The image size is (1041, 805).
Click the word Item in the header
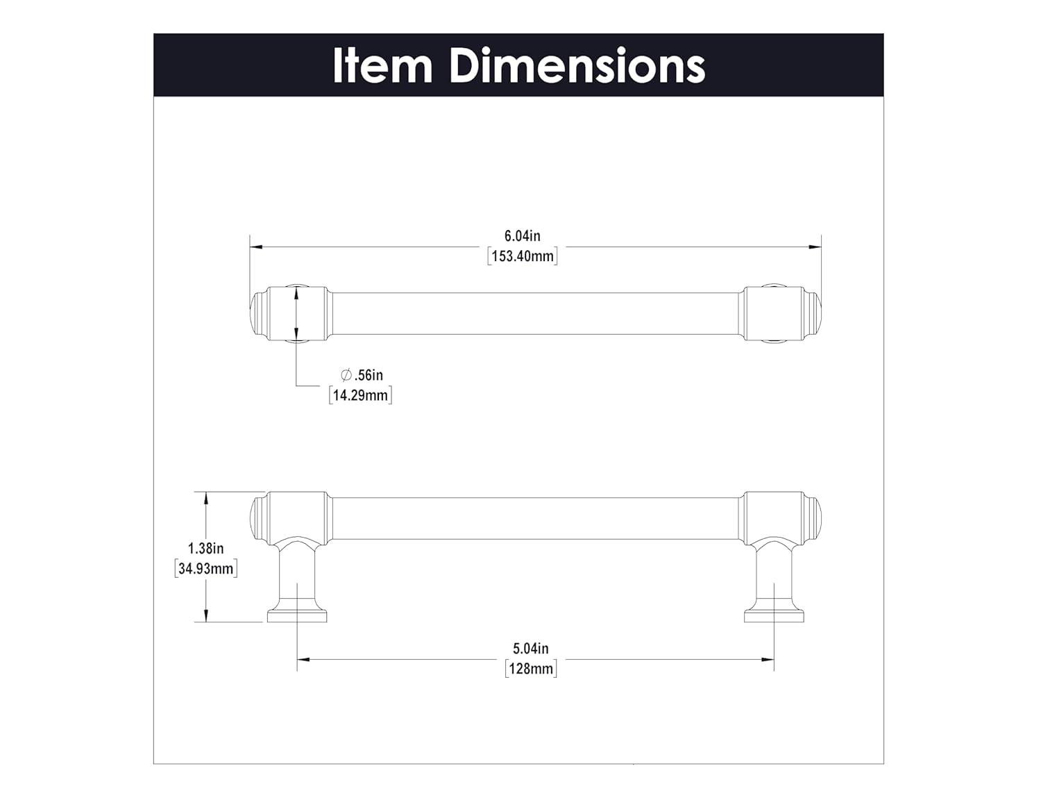382,65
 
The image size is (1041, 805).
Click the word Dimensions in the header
577,65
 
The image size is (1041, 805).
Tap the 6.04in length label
522,236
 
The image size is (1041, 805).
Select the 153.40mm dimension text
523,256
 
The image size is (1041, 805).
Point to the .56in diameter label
369,375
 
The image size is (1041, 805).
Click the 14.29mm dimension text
360,395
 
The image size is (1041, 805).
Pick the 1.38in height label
205,548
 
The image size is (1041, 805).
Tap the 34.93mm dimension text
206,569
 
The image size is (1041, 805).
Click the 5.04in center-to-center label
531,649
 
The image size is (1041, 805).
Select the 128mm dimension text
531,669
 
